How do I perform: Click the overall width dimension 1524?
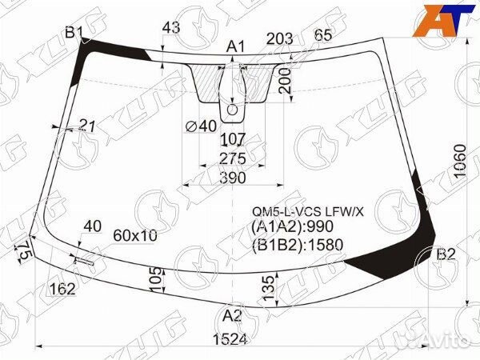(230, 339)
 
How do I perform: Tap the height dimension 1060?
(460, 161)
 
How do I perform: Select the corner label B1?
(74, 32)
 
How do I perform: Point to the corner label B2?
(446, 254)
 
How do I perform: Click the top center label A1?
(236, 47)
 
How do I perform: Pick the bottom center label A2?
(232, 316)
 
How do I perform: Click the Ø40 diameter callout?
(201, 126)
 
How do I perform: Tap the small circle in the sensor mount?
(232, 110)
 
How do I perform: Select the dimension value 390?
(233, 178)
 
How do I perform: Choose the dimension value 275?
(233, 158)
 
